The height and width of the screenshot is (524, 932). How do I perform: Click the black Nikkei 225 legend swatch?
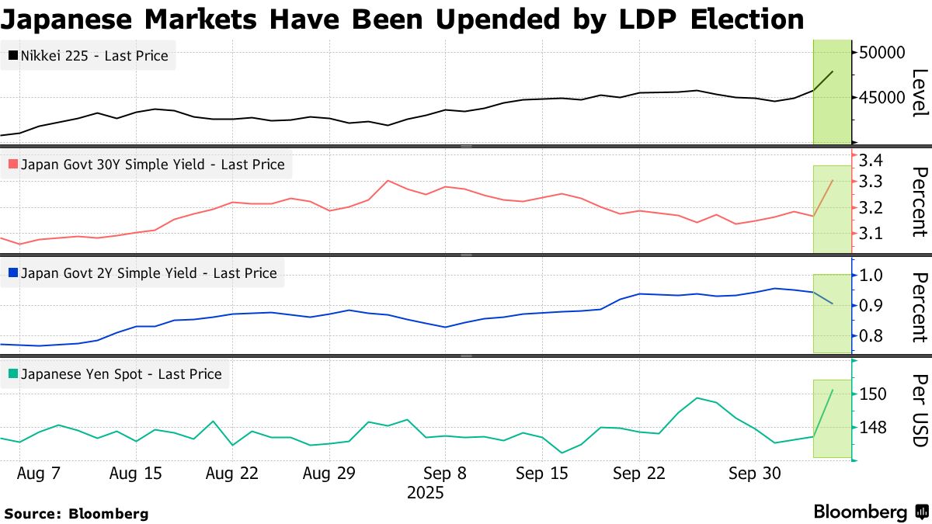[13, 56]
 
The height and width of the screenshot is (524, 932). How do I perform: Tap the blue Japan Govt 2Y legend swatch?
[13, 273]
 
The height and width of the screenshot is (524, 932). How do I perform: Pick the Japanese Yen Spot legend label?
[121, 374]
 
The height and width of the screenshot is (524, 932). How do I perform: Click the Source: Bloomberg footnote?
[76, 513]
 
